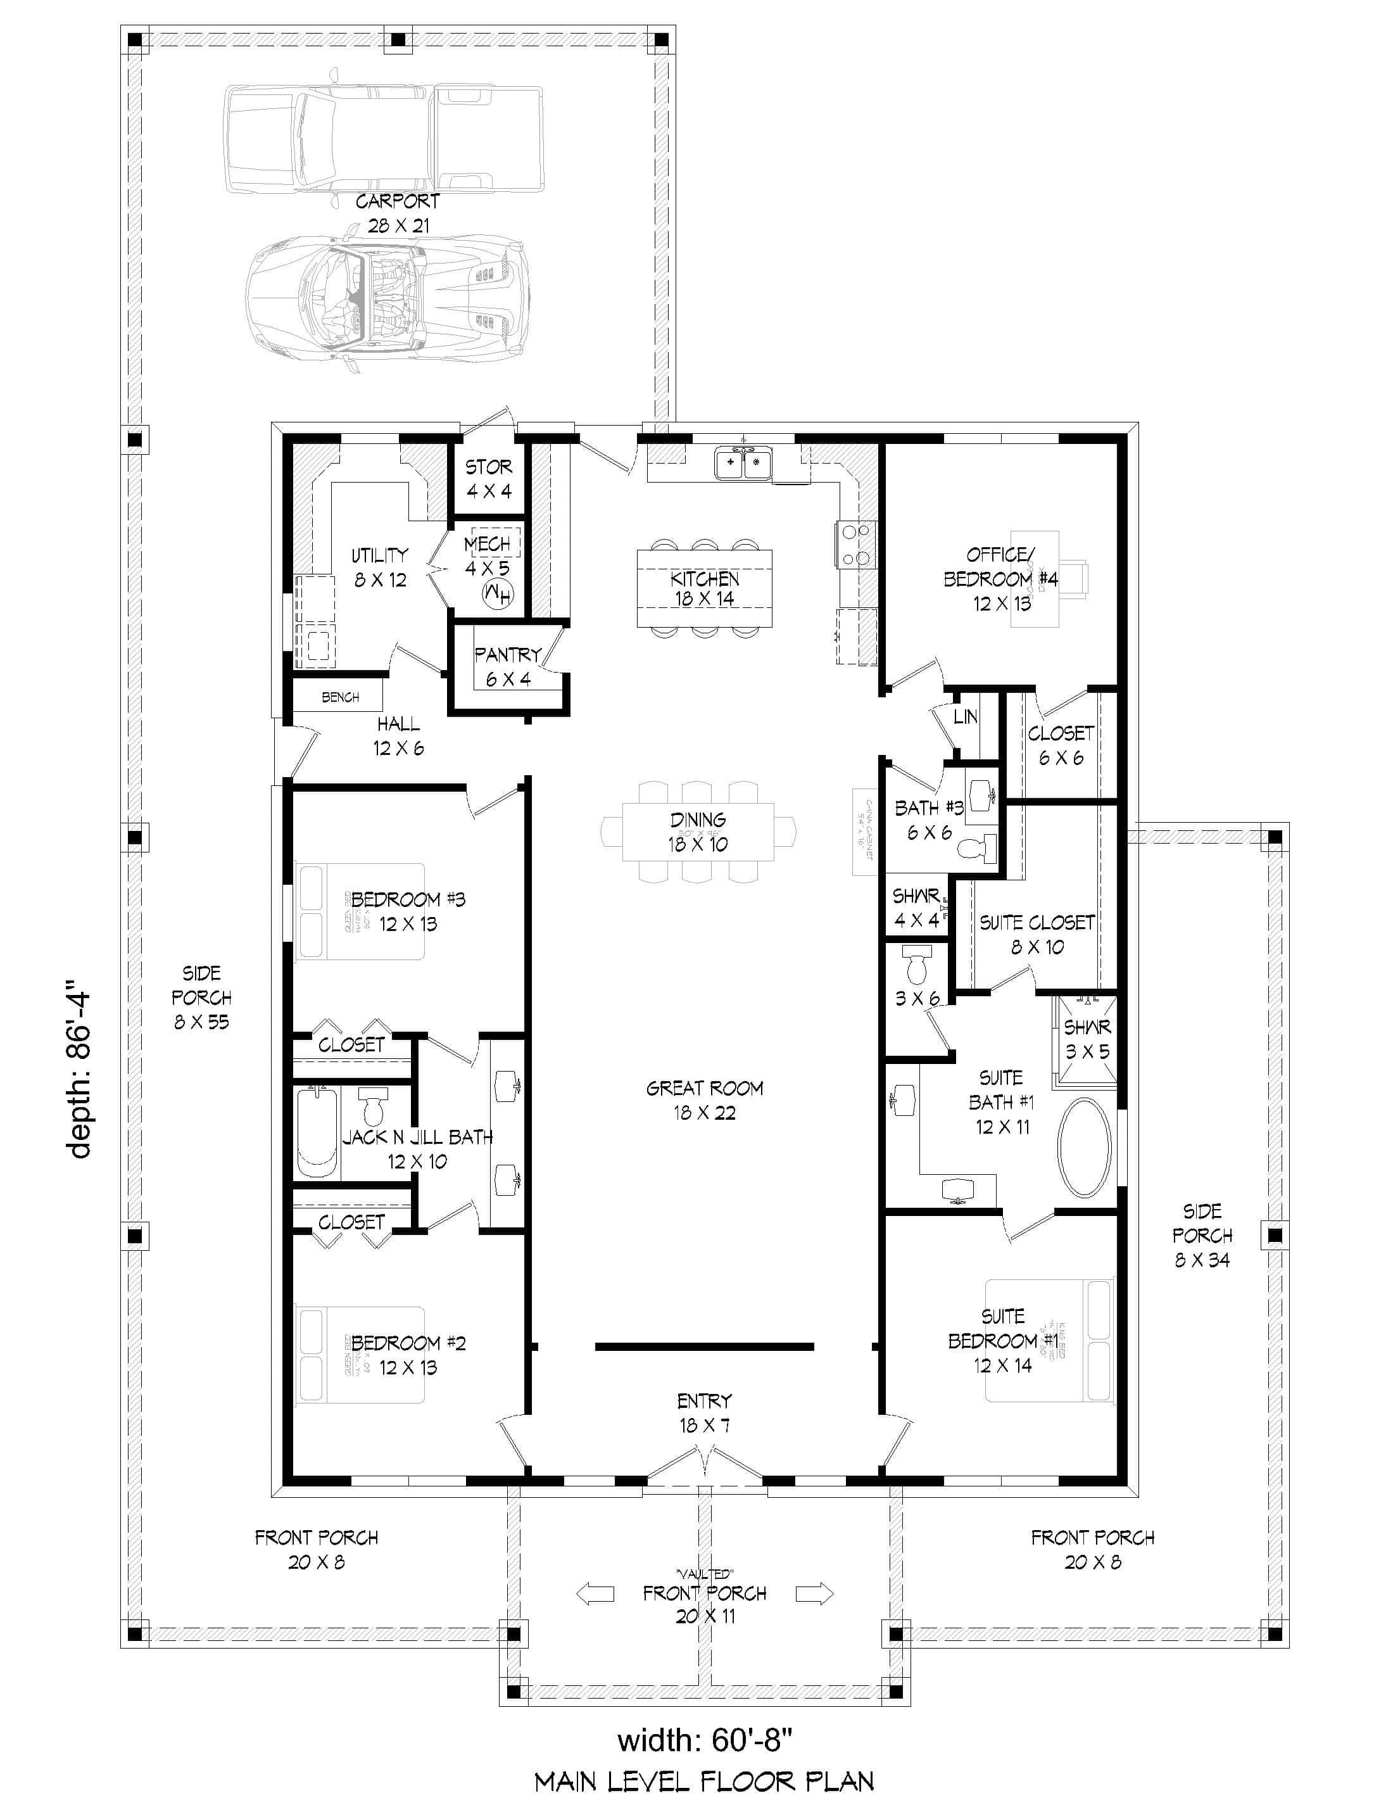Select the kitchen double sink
coord(743,464)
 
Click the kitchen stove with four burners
coord(855,545)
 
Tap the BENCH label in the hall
coord(339,697)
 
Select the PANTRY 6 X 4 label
coord(507,666)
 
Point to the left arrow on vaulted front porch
coord(595,1593)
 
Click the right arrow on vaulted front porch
coord(814,1593)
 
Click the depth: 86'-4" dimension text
coord(80,1070)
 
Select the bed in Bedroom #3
coord(360,911)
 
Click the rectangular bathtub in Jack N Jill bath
coord(318,1133)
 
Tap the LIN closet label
coord(965,716)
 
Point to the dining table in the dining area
coord(698,832)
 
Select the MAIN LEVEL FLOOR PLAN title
coord(704,1781)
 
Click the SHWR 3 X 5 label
coord(1087,1039)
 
